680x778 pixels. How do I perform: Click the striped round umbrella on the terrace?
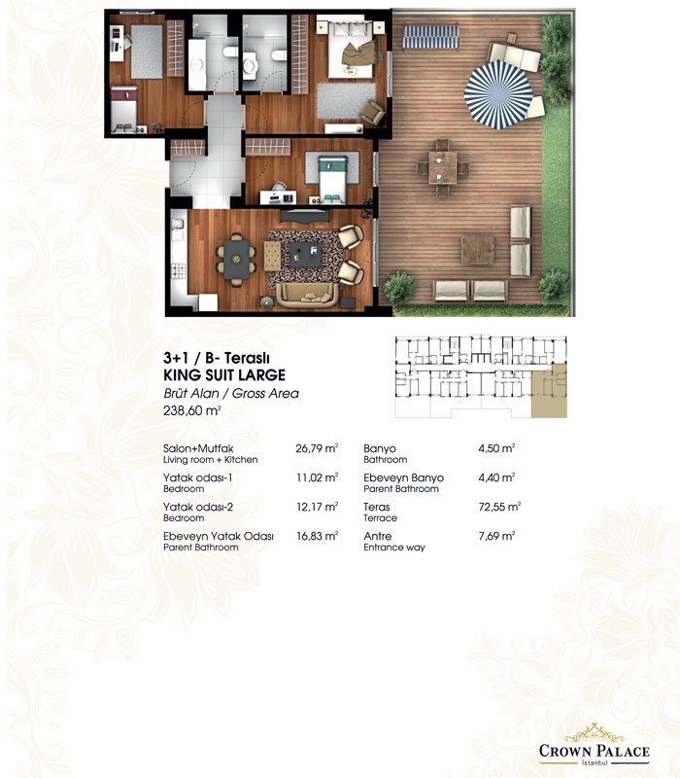point(498,94)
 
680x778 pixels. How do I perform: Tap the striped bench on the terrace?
point(430,37)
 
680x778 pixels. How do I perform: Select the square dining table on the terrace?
point(443,167)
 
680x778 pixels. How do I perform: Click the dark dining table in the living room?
point(236,259)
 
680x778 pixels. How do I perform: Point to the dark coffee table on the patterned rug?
point(306,255)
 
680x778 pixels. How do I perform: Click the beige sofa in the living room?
point(307,296)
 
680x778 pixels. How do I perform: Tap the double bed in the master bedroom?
point(351,50)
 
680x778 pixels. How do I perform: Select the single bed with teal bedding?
point(332,180)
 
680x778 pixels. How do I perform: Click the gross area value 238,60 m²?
point(191,410)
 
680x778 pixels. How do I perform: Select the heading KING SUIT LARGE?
point(224,375)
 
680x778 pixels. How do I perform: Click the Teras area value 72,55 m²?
point(499,507)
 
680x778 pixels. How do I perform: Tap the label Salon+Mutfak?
point(198,448)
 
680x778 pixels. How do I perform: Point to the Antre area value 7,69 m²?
point(496,536)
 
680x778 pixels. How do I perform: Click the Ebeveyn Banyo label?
point(403,477)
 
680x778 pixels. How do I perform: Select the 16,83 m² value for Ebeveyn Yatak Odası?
point(318,536)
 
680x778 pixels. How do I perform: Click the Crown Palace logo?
point(594,745)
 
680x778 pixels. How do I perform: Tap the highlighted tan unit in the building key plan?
point(549,391)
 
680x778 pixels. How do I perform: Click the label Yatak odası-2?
point(198,507)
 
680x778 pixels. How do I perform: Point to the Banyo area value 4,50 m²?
point(496,448)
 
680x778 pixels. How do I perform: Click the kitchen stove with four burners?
point(179,270)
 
